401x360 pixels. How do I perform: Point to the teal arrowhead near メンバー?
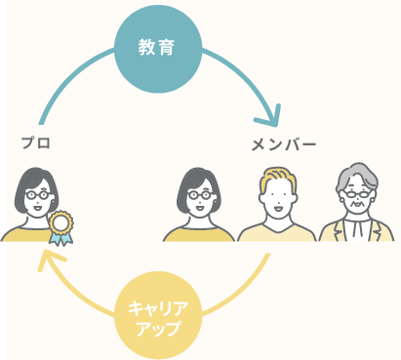point(265,124)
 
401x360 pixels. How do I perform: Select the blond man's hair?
point(278,178)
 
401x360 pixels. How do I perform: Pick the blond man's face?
point(278,201)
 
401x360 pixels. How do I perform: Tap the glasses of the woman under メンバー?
point(199,194)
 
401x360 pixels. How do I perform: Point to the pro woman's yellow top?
point(24,233)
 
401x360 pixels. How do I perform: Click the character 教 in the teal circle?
point(146,47)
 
